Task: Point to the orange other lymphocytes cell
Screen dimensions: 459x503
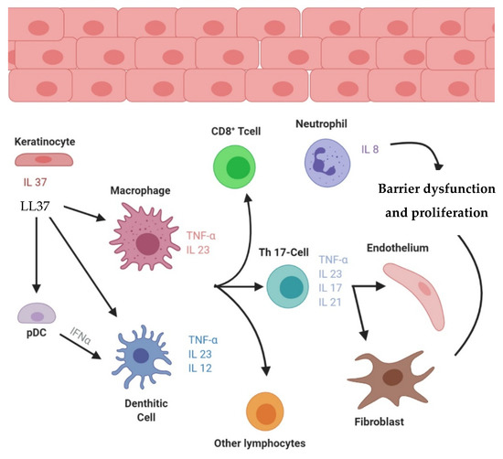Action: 267,414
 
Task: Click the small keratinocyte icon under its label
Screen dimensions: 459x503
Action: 42,160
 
